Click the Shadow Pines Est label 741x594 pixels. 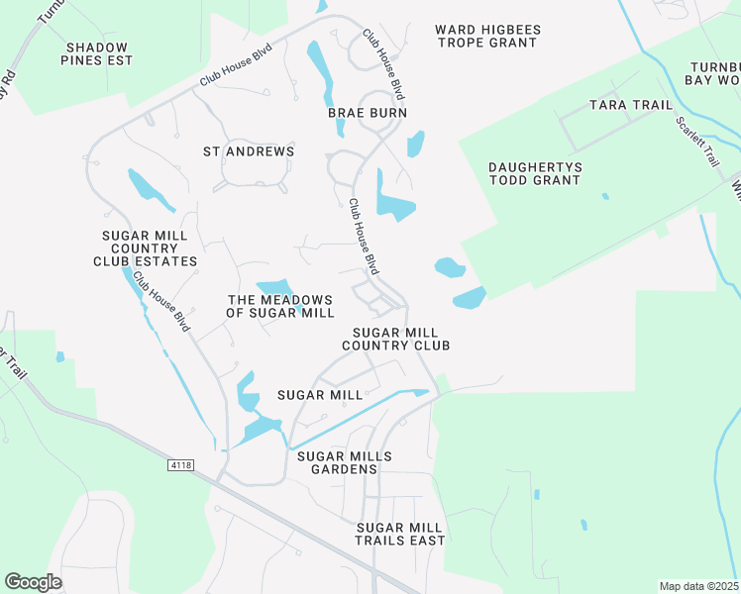point(97,53)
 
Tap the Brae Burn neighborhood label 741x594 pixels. point(368,113)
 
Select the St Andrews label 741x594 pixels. point(249,151)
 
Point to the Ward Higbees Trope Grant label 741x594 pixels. point(486,36)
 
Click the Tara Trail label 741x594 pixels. point(630,104)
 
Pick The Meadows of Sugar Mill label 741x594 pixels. point(279,306)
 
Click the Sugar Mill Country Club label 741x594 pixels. point(396,339)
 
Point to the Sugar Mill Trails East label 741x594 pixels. point(400,534)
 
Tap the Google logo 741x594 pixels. point(33,582)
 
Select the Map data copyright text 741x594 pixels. point(698,586)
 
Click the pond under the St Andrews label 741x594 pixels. point(151,189)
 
